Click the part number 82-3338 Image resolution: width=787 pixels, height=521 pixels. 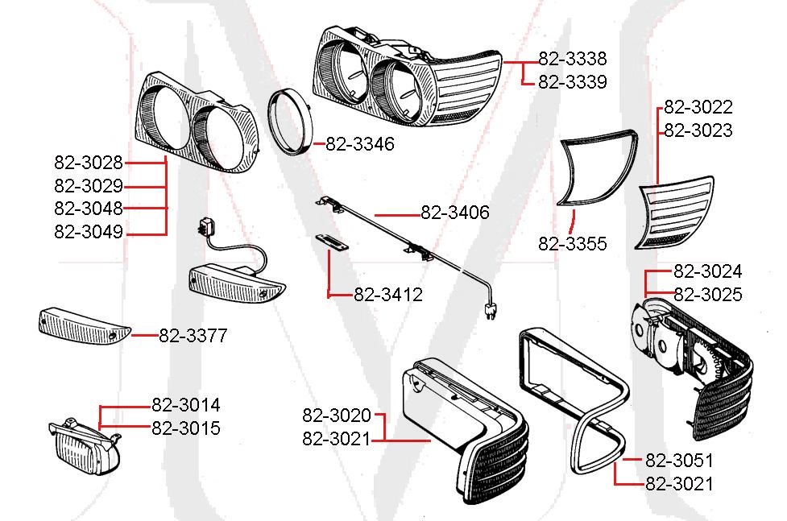[x=572, y=59]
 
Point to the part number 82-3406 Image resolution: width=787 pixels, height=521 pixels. [x=454, y=213]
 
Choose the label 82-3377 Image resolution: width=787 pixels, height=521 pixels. [x=193, y=336]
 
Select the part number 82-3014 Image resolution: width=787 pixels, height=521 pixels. [x=185, y=405]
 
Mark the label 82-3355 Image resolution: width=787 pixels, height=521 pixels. [x=573, y=244]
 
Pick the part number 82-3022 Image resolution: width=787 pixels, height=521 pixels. [x=698, y=108]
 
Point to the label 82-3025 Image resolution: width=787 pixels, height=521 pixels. [x=707, y=295]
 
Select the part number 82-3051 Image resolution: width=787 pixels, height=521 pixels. [x=679, y=461]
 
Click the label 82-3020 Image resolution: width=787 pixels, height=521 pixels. [x=337, y=416]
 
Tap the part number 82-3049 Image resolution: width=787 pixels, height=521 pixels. [x=89, y=233]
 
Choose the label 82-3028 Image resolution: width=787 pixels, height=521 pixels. [x=89, y=163]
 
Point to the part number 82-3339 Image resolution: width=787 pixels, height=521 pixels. [x=572, y=82]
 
